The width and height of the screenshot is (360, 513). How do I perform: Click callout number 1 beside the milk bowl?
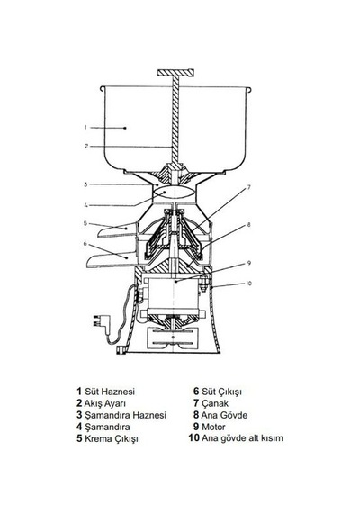pos(85,127)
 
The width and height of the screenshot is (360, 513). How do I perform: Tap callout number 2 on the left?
pos(86,146)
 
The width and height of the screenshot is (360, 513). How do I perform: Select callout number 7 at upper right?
pos(248,188)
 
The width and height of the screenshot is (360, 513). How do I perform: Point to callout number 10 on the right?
pos(249,283)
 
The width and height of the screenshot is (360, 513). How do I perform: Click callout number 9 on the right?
pos(248,263)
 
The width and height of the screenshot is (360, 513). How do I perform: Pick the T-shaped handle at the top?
pos(176,73)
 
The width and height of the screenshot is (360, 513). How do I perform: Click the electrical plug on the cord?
pos(100,320)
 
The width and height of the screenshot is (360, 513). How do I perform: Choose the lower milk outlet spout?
pos(112,260)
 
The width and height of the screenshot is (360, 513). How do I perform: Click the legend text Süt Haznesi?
pos(110,391)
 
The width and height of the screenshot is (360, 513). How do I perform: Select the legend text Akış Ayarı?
pos(105,403)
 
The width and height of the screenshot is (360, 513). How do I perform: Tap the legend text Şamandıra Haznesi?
pos(126,415)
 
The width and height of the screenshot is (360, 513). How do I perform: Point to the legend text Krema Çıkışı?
pos(112,438)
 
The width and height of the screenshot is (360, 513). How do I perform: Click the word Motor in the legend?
pos(213,427)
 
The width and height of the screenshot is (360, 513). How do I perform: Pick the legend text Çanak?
pos(215,403)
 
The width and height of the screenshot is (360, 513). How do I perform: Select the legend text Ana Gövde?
pos(224,415)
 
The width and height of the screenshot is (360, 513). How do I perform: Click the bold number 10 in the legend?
pos(194,437)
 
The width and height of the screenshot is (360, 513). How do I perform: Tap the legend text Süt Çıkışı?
pos(222,391)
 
